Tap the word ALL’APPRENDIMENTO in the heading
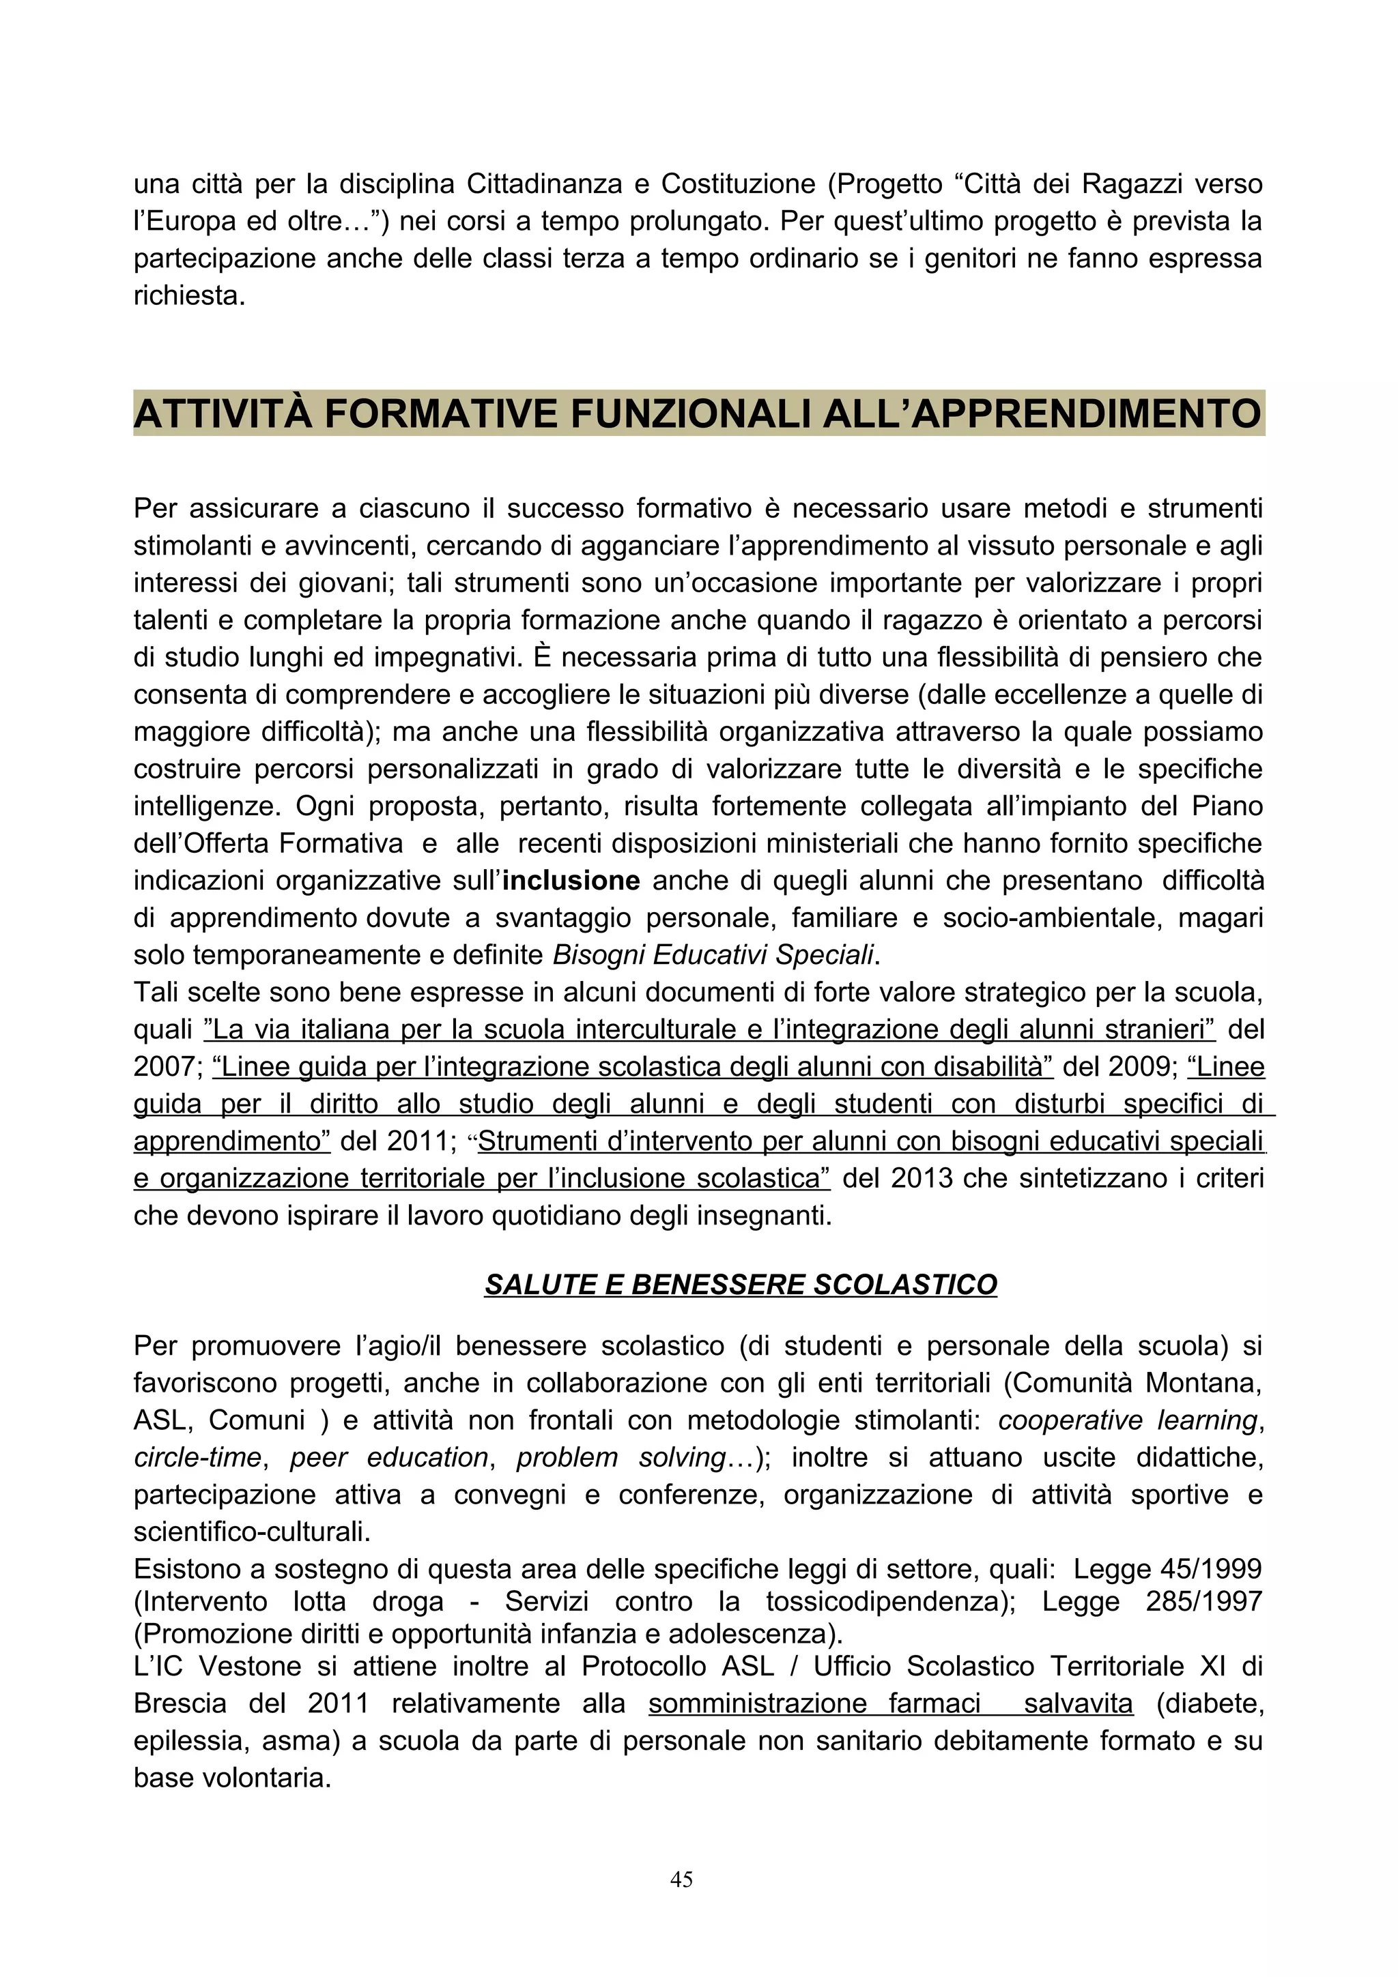coord(1042,414)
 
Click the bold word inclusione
coord(571,881)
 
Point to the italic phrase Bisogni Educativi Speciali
coord(713,955)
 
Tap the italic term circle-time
coord(197,1457)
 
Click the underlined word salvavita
coord(1079,1703)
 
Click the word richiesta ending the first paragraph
coord(188,295)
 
